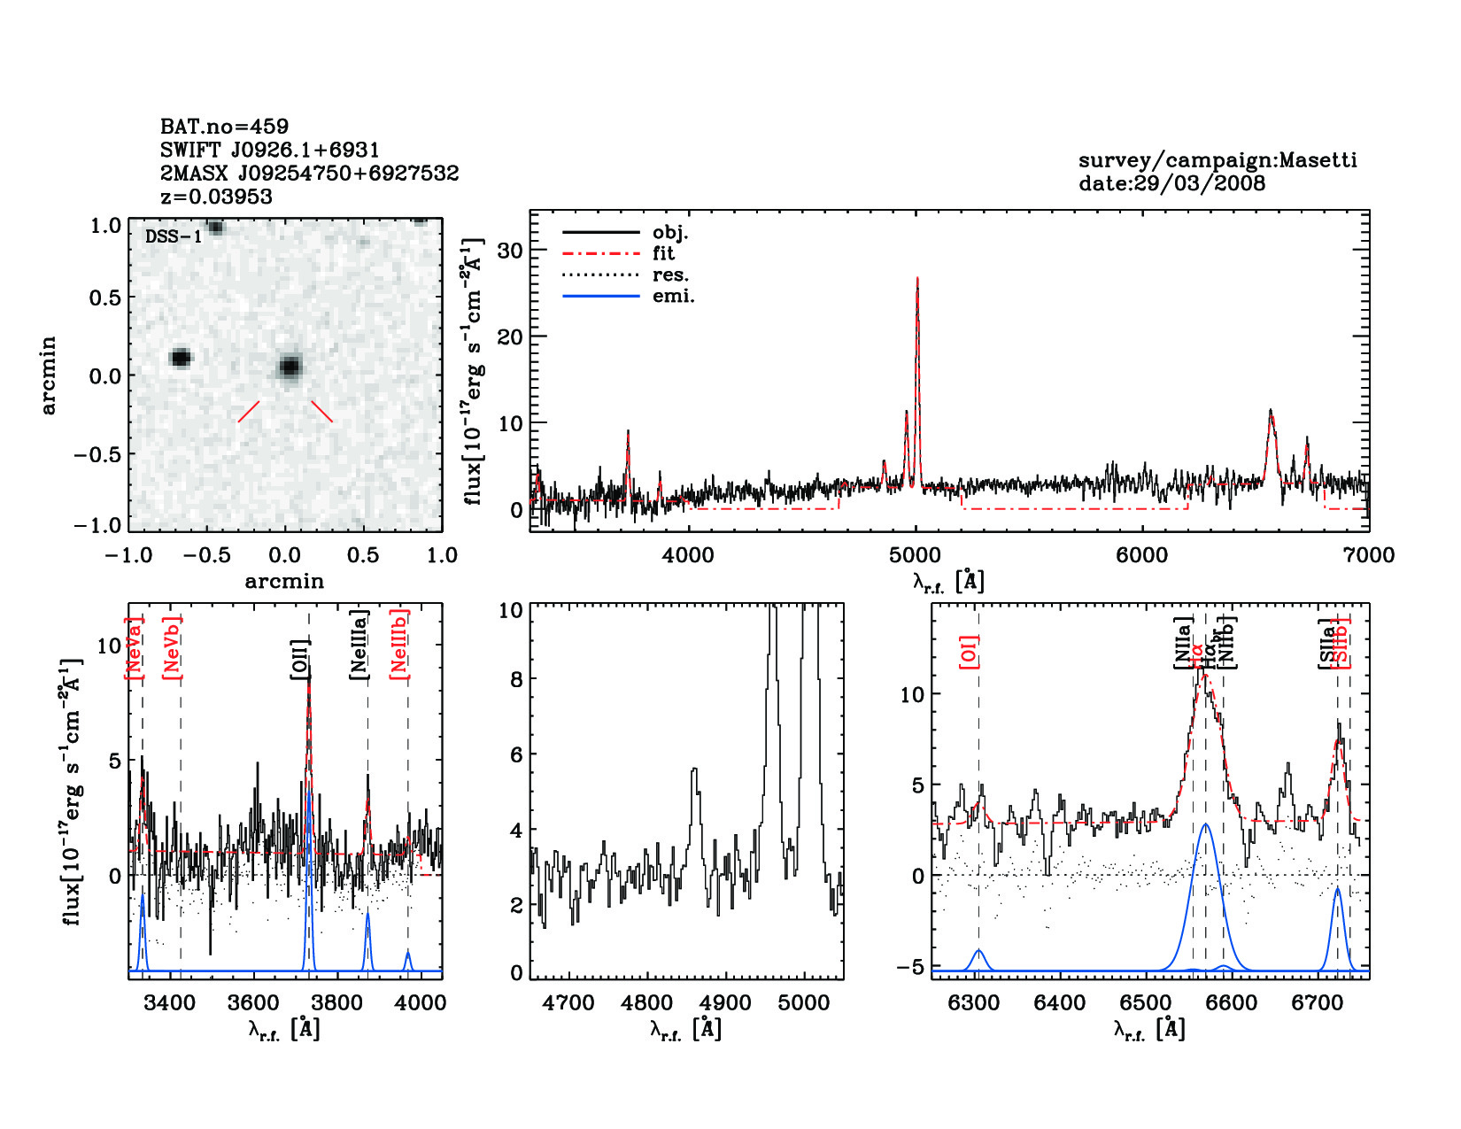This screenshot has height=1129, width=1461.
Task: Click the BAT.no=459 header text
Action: point(224,127)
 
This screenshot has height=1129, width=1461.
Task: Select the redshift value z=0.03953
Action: point(216,197)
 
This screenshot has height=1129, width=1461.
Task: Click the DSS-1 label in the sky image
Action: point(173,236)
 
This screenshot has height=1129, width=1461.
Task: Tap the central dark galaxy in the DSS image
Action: point(290,366)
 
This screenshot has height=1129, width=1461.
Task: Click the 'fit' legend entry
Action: point(663,253)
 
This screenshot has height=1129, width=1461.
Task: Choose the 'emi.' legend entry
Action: point(673,296)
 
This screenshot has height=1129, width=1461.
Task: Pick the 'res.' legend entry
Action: point(670,275)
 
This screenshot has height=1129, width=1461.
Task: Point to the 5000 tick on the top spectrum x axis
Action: point(915,555)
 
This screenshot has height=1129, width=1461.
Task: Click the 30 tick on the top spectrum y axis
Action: point(510,251)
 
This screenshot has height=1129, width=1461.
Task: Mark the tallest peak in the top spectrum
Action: point(917,280)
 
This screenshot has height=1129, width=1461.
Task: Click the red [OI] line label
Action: point(969,652)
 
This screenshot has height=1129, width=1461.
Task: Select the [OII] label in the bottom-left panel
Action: point(300,660)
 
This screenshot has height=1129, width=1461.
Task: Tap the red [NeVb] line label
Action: point(172,648)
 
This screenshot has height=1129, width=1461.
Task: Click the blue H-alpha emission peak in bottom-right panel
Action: point(1205,825)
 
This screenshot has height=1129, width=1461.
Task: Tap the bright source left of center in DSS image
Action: point(181,358)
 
